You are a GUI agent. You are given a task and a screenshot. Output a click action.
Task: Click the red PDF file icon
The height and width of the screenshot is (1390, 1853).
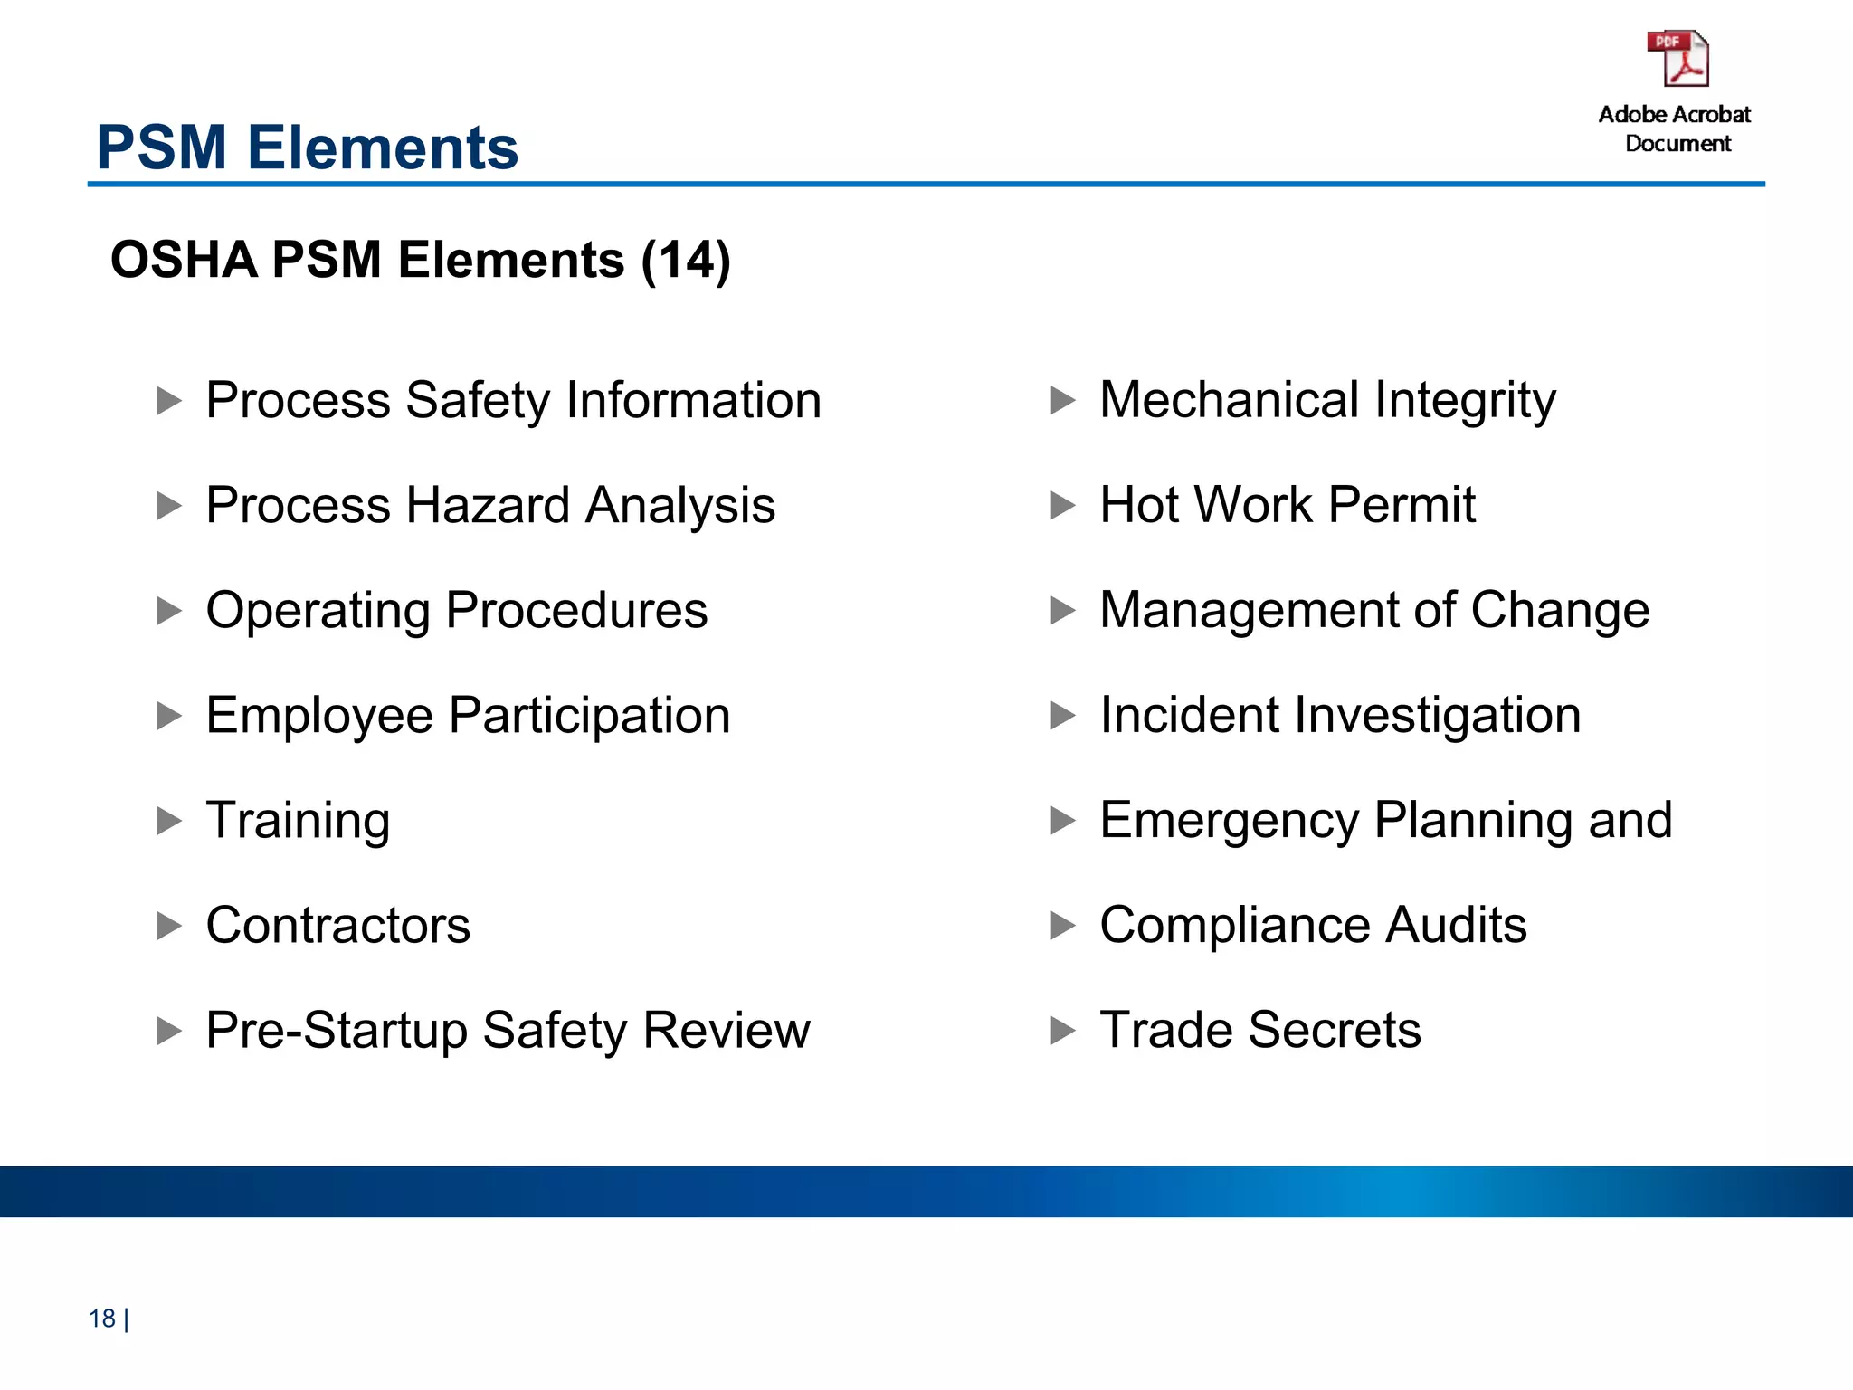click(x=1677, y=59)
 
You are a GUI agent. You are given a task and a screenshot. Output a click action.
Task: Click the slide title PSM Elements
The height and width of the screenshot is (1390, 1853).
click(x=308, y=148)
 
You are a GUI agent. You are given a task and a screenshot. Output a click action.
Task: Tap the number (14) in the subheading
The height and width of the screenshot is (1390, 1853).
click(x=685, y=261)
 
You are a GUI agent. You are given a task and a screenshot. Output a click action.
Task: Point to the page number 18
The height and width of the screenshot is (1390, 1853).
click(x=102, y=1319)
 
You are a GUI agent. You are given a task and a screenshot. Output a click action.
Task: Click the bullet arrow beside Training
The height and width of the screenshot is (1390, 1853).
click(x=169, y=821)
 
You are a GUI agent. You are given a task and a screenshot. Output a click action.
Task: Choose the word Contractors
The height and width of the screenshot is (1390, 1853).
click(x=338, y=925)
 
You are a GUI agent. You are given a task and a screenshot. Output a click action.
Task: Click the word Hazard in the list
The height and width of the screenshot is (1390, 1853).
click(x=489, y=505)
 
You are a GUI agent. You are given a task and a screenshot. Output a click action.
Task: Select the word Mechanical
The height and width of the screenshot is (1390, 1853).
click(x=1229, y=400)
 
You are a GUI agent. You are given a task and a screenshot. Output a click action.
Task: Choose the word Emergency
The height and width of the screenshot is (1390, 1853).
click(x=1229, y=821)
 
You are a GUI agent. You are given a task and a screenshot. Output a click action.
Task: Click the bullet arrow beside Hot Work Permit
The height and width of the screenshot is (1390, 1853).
click(x=1063, y=505)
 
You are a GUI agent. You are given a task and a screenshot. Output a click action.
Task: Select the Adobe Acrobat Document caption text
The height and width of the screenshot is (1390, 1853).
click(x=1676, y=129)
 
